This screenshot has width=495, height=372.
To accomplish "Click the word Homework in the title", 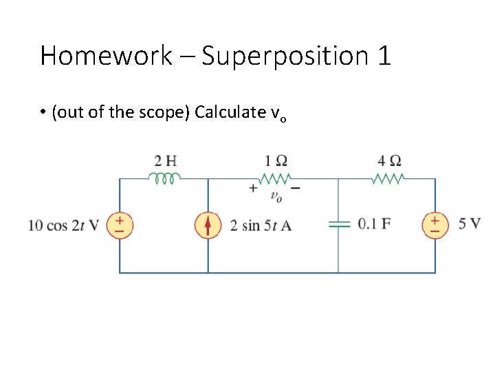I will (x=106, y=56).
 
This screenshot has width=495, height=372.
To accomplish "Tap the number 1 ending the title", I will (x=384, y=56).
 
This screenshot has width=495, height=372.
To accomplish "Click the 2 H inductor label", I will (x=165, y=161).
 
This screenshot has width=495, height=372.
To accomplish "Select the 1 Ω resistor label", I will (x=276, y=161).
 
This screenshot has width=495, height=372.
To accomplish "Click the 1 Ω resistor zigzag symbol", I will (x=276, y=178).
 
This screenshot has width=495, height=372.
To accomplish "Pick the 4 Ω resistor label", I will (x=390, y=161).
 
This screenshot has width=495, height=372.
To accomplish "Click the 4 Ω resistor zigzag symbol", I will (x=390, y=178).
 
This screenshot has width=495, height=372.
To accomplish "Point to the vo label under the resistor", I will (x=276, y=197).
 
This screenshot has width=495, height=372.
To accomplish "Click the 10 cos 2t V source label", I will (x=64, y=225).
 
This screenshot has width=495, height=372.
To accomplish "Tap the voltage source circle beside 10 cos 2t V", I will (x=120, y=225).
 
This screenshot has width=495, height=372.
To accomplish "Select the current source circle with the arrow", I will (x=208, y=225).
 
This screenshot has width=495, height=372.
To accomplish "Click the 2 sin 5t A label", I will (x=261, y=225).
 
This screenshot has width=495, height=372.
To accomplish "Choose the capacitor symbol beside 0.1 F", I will (x=338, y=224).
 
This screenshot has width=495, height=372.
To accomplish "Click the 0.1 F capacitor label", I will (x=375, y=224).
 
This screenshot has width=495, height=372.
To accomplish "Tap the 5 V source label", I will (x=469, y=223).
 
